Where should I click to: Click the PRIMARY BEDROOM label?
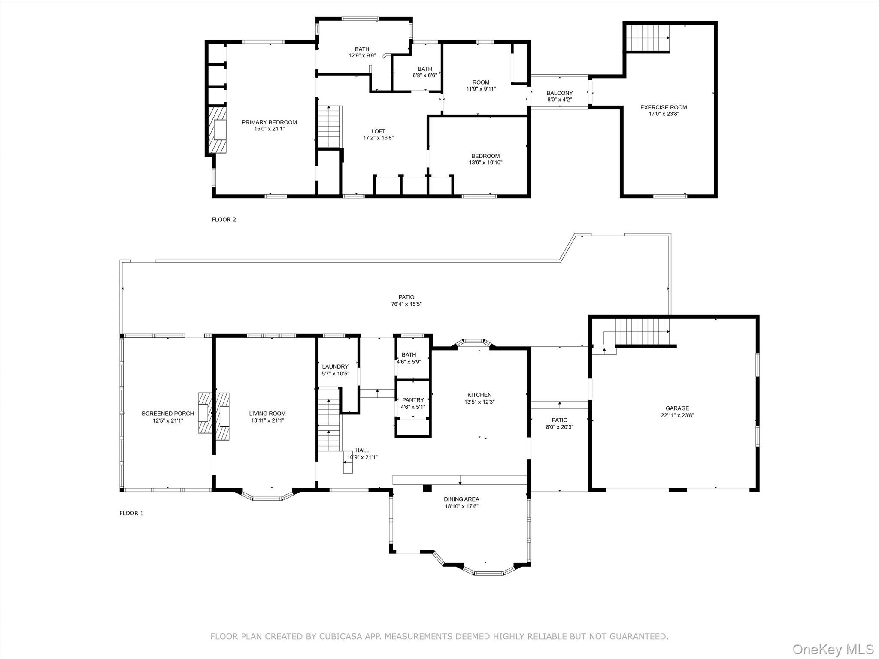click(269, 122)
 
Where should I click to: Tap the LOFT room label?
click(378, 131)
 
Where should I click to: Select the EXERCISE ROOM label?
click(664, 107)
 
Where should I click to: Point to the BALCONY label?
click(559, 93)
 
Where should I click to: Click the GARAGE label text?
click(677, 408)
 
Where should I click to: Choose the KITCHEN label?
click(479, 395)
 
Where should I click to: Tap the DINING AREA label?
click(461, 499)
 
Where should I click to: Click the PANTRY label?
click(413, 400)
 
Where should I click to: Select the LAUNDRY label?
click(335, 366)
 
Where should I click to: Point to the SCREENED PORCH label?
click(168, 414)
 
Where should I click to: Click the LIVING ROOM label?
click(267, 414)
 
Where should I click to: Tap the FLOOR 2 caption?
click(224, 220)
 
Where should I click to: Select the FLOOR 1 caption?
click(131, 513)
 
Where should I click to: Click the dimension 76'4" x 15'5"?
click(406, 304)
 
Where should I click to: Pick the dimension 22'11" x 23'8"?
click(677, 415)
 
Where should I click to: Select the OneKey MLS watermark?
click(833, 649)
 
